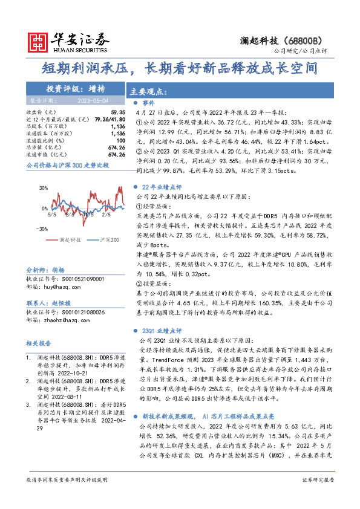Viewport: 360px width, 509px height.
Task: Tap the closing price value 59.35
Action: (118, 112)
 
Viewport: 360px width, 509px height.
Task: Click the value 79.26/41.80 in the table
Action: (110, 120)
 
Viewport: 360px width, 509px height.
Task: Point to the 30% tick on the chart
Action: (44, 188)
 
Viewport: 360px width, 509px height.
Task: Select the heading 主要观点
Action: (148, 92)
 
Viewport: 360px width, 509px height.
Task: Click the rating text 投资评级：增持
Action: (76, 88)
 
